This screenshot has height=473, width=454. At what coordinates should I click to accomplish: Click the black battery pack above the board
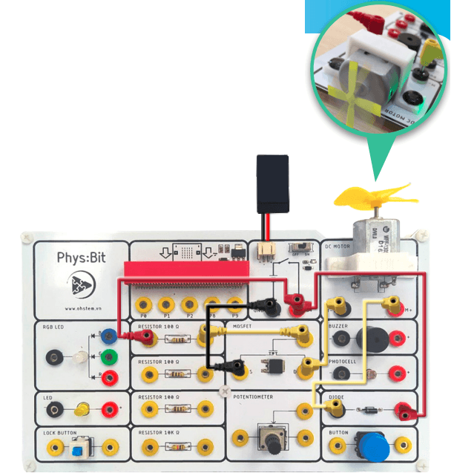coord(272,183)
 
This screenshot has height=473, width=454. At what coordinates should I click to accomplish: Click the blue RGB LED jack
coord(109,336)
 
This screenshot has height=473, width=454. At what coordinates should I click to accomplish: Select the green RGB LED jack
coord(109,356)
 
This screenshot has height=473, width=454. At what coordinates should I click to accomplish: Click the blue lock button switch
coord(77,448)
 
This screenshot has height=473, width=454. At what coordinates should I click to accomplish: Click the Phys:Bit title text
coord(82,258)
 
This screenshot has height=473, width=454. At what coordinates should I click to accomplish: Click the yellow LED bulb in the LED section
coord(82,408)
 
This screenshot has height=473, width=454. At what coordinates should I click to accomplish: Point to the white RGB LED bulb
coord(78,357)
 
